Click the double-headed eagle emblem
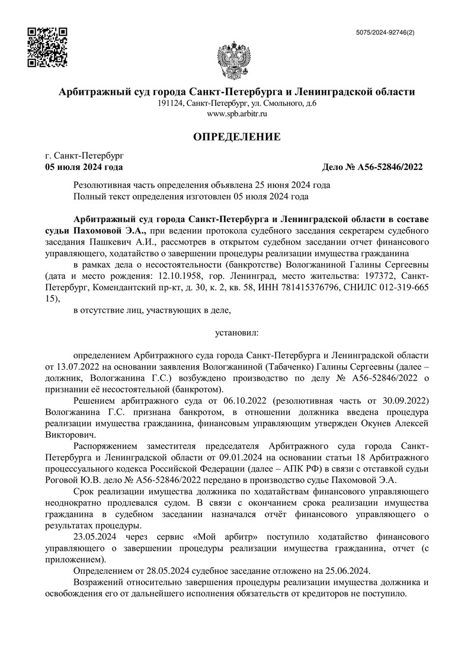click(236, 59)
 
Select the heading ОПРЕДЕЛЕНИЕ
click(237, 137)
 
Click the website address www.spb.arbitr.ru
click(237, 113)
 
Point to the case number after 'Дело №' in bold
click(391, 167)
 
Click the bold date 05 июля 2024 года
click(84, 167)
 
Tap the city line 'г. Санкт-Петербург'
click(85, 156)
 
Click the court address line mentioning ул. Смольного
click(237, 103)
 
